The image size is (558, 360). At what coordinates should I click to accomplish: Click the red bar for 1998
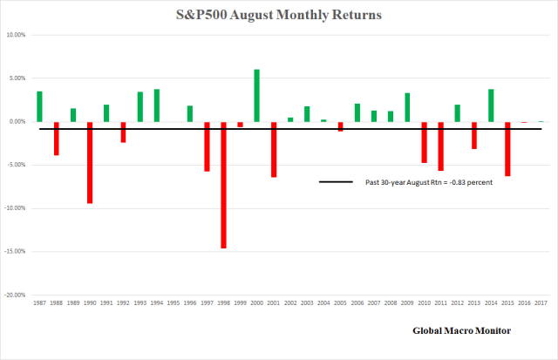[223, 185]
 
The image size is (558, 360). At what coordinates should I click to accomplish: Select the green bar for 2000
[256, 96]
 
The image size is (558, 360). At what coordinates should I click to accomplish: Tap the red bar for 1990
[89, 162]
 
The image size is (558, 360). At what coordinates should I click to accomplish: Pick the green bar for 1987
[39, 106]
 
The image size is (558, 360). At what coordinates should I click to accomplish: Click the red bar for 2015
[507, 149]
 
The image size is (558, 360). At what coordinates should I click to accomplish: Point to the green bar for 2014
[491, 105]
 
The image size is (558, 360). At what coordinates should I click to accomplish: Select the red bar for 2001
[273, 149]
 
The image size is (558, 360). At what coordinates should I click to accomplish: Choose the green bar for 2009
[407, 107]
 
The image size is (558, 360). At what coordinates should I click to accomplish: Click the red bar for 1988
[56, 139]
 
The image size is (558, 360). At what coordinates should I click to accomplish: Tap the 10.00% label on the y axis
[16, 35]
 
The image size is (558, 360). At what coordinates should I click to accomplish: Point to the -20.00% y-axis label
[15, 295]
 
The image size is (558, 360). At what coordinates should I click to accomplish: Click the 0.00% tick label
[17, 122]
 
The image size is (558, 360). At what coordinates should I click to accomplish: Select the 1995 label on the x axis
[173, 304]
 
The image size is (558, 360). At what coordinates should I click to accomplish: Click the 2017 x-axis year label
[540, 304]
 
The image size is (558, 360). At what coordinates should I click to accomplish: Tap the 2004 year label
[323, 304]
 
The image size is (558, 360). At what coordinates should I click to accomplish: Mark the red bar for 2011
[440, 146]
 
